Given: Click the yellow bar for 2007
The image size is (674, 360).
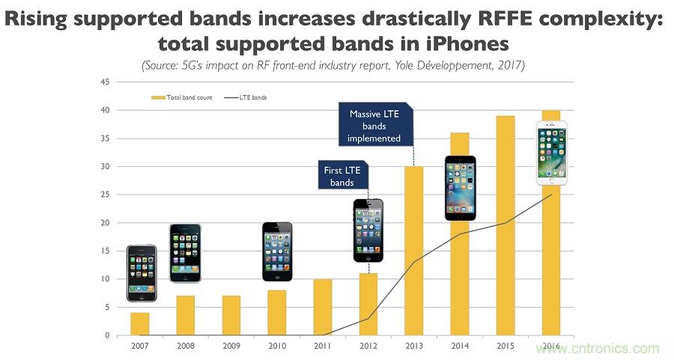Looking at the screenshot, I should tap(140, 323).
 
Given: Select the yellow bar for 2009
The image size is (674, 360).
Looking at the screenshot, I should tap(231, 315).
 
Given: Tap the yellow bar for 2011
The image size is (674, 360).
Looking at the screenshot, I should tap(323, 307).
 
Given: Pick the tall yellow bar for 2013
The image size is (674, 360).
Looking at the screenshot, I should tap(414, 251).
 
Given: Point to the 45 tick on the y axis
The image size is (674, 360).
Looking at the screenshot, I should tap(106, 82).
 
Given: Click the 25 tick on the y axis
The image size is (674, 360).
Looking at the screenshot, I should tap(106, 195).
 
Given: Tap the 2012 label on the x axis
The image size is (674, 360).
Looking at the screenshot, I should tap(368, 346).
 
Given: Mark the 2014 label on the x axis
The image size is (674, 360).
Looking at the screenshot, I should tap(460, 346).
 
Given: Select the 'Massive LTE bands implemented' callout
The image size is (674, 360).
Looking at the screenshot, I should tap(374, 125).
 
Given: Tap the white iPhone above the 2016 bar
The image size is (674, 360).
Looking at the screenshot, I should tap(551, 153).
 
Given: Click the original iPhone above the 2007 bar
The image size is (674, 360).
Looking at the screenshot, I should tap(141, 272).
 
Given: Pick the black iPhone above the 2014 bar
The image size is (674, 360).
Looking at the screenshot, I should tap(460, 187).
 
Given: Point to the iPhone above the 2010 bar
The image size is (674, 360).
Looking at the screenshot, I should tap(277, 251).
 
